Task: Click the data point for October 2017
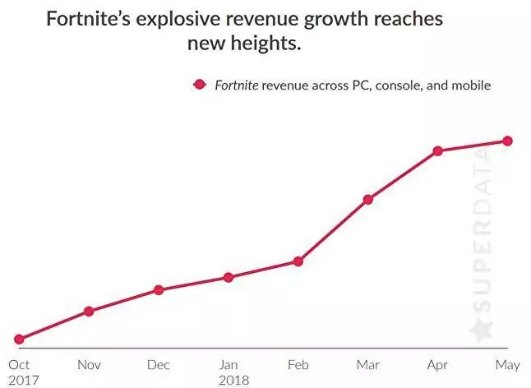pos(19,339)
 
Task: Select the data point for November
pos(89,311)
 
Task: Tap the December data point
pos(159,290)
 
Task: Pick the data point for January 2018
pos(229,277)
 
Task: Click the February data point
pos(298,261)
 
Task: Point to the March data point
pos(368,200)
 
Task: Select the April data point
pos(438,151)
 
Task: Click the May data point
pos(508,141)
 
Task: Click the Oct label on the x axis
pos(19,364)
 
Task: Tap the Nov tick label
pos(89,364)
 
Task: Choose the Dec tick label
pos(159,364)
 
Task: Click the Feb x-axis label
pos(298,364)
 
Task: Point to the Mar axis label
pos(368,364)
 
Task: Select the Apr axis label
pos(438,364)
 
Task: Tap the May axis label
pos(508,364)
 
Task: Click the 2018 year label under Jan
pos(233,380)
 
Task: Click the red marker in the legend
pos(198,84)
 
